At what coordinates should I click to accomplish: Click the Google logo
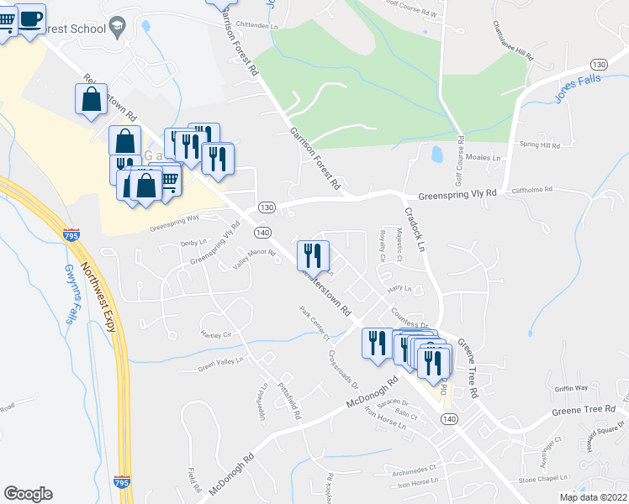(28, 494)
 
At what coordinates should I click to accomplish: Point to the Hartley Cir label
(215, 334)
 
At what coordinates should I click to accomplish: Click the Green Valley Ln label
(220, 365)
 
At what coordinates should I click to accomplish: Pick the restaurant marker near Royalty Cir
(314, 254)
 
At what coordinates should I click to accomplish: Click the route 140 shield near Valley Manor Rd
(262, 231)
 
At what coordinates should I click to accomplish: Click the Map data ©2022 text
(594, 497)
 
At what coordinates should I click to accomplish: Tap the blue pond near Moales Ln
(436, 155)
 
